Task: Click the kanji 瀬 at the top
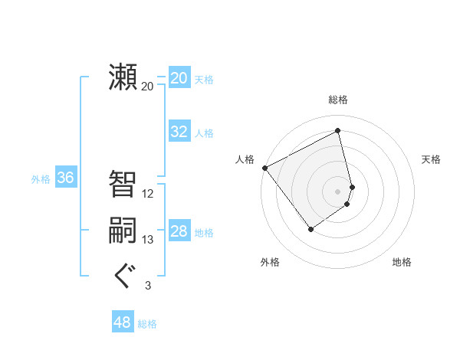123,77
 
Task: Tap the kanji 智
123,184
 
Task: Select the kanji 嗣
123,231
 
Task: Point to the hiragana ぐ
123,275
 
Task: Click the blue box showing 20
179,78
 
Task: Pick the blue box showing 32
179,132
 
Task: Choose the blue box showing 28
179,231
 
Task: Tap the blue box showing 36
66,178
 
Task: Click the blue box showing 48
123,322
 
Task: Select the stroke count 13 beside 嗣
148,240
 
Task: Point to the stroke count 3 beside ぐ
148,286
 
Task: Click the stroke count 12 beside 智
148,194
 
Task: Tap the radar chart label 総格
338,100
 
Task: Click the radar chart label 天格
432,159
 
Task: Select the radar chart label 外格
270,262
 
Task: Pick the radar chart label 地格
402,262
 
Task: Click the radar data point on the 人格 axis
264,168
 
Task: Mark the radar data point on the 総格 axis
338,130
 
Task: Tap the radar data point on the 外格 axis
310,228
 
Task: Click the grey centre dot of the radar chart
338,191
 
